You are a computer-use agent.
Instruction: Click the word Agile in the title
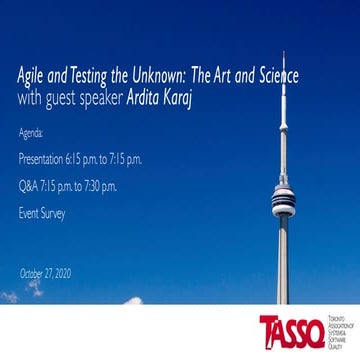click(x=31, y=77)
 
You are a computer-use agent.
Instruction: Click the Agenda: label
click(x=32, y=132)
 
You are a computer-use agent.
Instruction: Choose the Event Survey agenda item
click(x=42, y=213)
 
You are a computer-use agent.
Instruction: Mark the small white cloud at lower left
click(x=10, y=297)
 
